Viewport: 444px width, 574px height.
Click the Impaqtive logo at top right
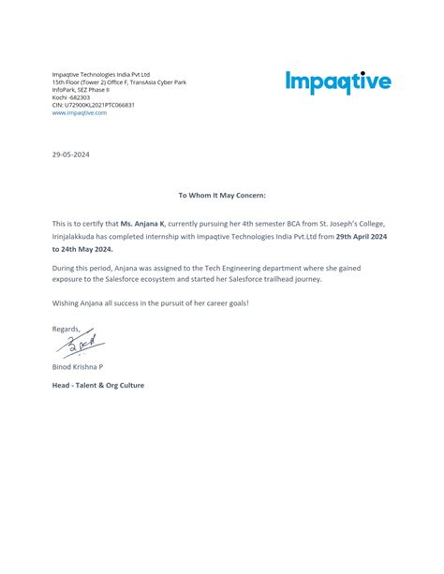tap(338, 82)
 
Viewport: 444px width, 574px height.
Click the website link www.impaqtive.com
tap(80, 112)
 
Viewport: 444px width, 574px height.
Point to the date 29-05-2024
tap(71, 154)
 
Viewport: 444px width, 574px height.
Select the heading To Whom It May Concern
tap(222, 195)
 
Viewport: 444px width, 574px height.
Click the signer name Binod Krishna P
tap(78, 367)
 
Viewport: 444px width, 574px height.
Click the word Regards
tap(67, 329)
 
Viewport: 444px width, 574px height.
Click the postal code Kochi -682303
tap(71, 97)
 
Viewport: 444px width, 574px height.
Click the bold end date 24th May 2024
tap(82, 250)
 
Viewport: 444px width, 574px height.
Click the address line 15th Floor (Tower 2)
tap(119, 82)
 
